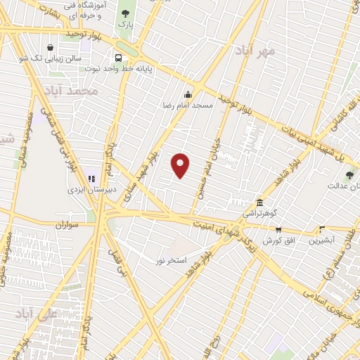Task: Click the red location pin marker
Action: pos(181,165)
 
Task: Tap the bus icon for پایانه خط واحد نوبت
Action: pos(119,58)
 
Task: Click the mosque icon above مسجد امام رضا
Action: pos(188,94)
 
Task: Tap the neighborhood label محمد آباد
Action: pos(70,91)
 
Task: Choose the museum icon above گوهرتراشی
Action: pos(259,202)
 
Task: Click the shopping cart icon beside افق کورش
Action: pos(278,229)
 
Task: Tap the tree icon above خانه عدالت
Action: pos(349,175)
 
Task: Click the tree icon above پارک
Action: pos(126,13)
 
